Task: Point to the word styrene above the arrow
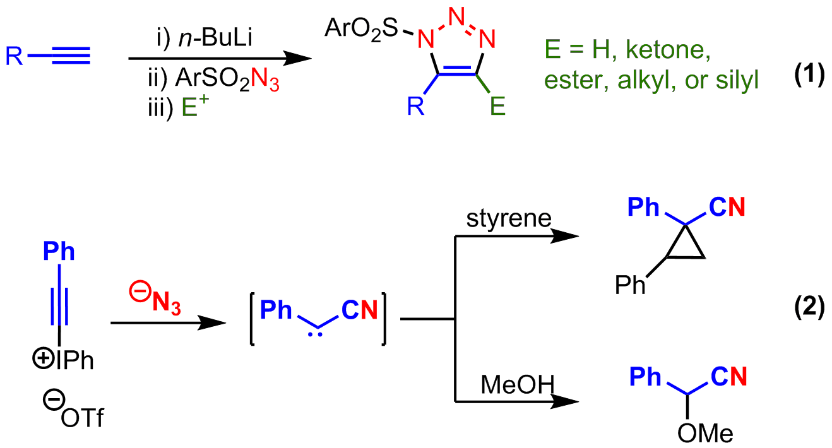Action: coord(509,220)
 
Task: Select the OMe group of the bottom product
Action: coord(705,434)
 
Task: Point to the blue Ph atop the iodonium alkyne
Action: coord(59,252)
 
